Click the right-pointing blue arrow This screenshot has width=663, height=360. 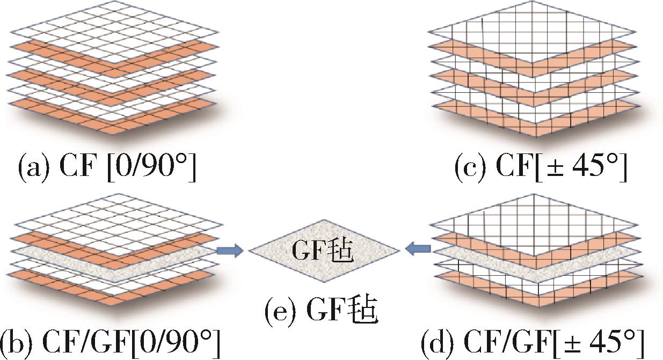coord(230,251)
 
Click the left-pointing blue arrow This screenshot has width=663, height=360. coord(418,249)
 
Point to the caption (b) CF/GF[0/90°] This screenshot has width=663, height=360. coord(111,343)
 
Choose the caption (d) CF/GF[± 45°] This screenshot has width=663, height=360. coord(532,343)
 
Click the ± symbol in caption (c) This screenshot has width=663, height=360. coord(555,169)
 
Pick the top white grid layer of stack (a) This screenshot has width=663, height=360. coord(114,32)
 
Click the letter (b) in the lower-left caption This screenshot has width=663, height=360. coord(17,344)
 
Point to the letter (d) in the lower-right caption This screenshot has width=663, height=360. coord(437,344)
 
